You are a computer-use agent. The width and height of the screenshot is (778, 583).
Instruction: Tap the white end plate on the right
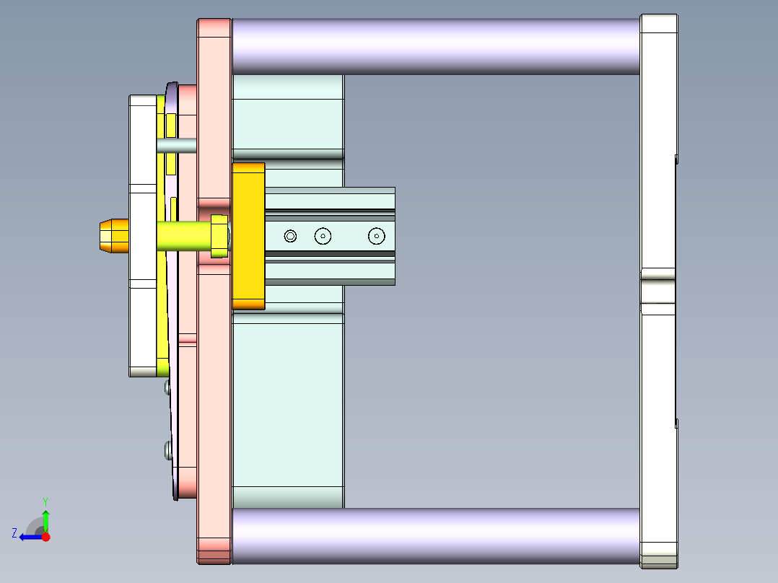tap(658, 144)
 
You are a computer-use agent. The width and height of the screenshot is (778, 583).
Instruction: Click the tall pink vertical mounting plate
tap(214, 361)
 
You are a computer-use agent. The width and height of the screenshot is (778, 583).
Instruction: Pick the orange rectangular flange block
tap(248, 236)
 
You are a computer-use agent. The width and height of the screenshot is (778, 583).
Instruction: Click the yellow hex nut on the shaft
tap(219, 236)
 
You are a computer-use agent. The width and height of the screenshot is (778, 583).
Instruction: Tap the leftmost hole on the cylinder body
tap(290, 236)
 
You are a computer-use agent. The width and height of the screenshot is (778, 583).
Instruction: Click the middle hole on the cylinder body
tap(323, 236)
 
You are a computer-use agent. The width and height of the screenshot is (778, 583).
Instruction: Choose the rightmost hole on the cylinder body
tap(376, 236)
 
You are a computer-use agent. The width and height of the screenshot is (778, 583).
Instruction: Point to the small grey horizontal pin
tap(176, 145)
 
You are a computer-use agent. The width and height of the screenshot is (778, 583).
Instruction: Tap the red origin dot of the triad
tap(45, 537)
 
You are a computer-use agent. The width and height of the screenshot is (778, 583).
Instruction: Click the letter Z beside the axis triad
tap(14, 533)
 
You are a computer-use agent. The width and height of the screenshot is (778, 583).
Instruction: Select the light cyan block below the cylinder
tap(287, 404)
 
